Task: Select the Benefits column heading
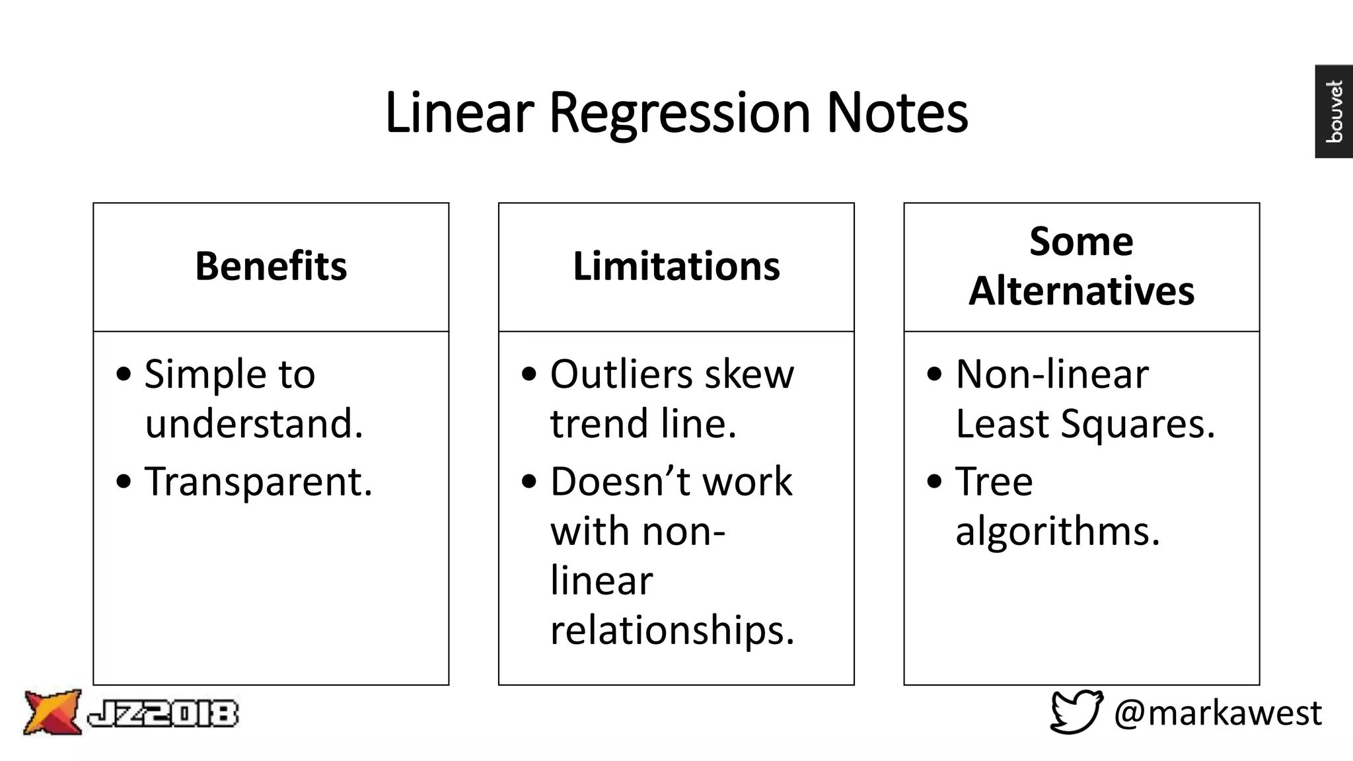coord(271,266)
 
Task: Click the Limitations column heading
coord(676,266)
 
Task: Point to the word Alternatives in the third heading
coord(1081,291)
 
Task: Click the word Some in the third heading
coord(1081,241)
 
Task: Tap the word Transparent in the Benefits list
coord(258,482)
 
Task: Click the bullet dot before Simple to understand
coord(124,374)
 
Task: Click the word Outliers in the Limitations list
coord(621,375)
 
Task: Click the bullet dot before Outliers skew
coord(529,374)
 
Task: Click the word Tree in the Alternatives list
coord(994,482)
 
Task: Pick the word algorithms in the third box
coord(1057,531)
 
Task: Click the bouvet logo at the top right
coord(1334,111)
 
